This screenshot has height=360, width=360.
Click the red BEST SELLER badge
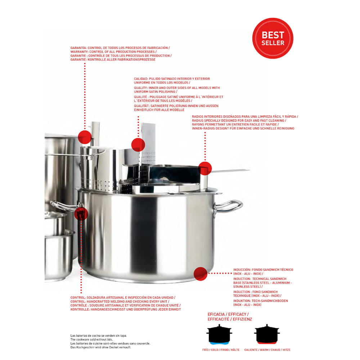click(273, 38)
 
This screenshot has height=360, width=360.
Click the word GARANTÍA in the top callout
click(78, 48)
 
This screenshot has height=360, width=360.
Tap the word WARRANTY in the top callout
click(79, 51)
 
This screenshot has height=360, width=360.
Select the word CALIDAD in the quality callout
click(141, 79)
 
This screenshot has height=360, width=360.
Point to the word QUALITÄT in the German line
click(141, 106)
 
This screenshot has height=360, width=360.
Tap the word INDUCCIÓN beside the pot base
click(242, 270)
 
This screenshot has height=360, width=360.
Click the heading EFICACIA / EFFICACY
click(228, 314)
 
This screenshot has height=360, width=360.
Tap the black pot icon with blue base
click(219, 334)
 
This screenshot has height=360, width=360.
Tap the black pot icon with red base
click(267, 334)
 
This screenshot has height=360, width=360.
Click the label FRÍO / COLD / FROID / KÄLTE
click(221, 350)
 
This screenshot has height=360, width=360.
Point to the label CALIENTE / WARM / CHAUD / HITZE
click(267, 350)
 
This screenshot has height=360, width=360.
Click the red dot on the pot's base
click(201, 274)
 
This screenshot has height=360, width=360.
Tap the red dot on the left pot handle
click(81, 213)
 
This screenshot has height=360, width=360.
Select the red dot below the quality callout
click(138, 145)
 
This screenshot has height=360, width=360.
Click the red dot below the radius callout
click(205, 168)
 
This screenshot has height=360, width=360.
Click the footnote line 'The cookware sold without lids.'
click(91, 339)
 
